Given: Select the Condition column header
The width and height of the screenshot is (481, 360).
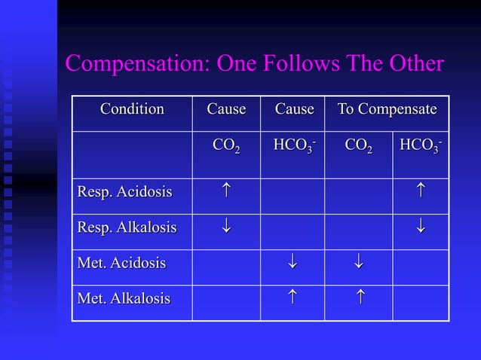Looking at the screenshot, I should [x=132, y=109].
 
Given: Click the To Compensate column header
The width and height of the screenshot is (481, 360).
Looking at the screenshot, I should [x=387, y=109].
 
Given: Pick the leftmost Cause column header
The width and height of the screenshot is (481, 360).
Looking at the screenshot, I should [x=226, y=109].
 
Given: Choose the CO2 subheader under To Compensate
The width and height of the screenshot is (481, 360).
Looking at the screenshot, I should [x=357, y=145].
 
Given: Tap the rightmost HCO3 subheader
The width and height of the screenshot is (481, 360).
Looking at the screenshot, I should [x=421, y=145].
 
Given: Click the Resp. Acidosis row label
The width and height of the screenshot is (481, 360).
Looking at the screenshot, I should [x=124, y=192].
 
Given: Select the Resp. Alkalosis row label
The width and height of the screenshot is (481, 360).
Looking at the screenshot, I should [x=127, y=227].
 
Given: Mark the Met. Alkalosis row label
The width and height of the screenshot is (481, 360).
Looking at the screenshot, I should [x=124, y=298].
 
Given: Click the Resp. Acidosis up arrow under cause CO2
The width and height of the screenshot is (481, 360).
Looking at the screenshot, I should [x=226, y=191].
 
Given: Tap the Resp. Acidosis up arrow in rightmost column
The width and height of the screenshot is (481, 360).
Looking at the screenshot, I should [x=421, y=191].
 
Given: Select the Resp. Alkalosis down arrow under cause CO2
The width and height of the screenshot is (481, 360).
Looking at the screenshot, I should [x=226, y=227].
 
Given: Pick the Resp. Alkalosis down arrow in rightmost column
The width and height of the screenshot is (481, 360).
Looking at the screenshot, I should [x=421, y=227].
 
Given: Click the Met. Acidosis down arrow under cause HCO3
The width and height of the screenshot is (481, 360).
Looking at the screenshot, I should [x=293, y=263].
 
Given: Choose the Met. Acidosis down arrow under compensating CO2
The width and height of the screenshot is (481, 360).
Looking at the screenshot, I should [x=358, y=263].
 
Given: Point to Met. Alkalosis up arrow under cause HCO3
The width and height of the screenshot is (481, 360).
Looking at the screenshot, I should [x=293, y=298].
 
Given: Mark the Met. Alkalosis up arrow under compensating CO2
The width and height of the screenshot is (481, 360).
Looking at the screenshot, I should [x=358, y=298].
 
